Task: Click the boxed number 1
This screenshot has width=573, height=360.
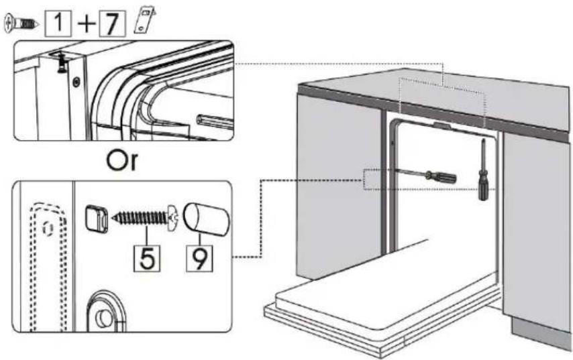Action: [x=58, y=23]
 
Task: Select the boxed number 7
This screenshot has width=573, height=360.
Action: [x=113, y=23]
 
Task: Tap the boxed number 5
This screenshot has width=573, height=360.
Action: [x=147, y=259]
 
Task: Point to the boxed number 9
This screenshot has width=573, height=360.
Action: [x=199, y=259]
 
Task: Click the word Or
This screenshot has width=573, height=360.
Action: [x=122, y=160]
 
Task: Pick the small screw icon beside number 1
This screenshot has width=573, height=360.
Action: [x=21, y=23]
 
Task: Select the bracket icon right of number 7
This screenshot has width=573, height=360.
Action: [x=145, y=21]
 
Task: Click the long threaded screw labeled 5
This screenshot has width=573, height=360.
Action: [x=144, y=219]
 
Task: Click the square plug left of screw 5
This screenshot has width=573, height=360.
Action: [x=97, y=219]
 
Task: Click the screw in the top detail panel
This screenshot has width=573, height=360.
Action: [x=62, y=62]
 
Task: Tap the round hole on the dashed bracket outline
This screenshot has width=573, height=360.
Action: [x=48, y=228]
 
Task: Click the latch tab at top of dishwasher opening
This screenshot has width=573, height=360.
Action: [x=443, y=126]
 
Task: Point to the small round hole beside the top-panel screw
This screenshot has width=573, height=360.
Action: [x=76, y=82]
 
